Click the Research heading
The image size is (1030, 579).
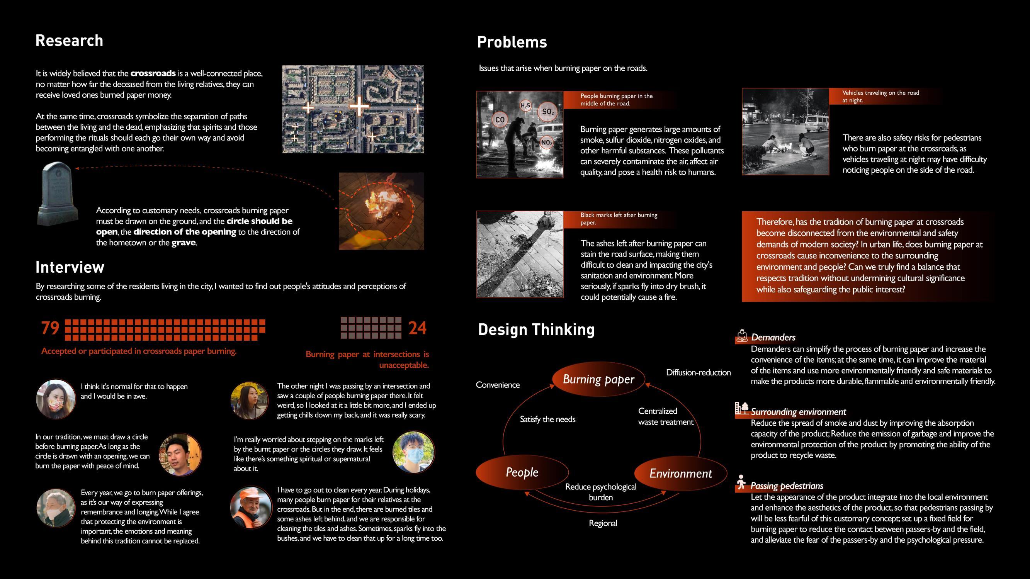pos(69,41)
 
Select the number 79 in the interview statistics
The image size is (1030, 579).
pos(50,328)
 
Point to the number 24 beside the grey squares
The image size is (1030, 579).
pos(417,328)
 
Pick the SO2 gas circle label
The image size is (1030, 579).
pos(547,112)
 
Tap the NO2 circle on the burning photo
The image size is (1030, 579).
pos(547,143)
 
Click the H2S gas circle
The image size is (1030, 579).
pos(525,105)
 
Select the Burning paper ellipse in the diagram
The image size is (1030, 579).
pos(598,379)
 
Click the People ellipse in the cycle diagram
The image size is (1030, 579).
pos(522,472)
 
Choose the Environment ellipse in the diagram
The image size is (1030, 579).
pos(680,474)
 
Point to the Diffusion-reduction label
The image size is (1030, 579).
pos(698,373)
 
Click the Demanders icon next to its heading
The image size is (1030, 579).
pos(742,336)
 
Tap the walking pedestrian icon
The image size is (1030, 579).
pos(741,482)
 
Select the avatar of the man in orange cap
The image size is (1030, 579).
pos(251,507)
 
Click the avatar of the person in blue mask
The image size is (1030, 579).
pos(414,452)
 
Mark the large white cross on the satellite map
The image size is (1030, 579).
pos(359,106)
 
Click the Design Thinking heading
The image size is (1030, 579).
pos(536,329)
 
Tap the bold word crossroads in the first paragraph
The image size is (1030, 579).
pos(153,73)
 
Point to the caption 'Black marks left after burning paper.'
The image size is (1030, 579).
pos(619,219)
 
